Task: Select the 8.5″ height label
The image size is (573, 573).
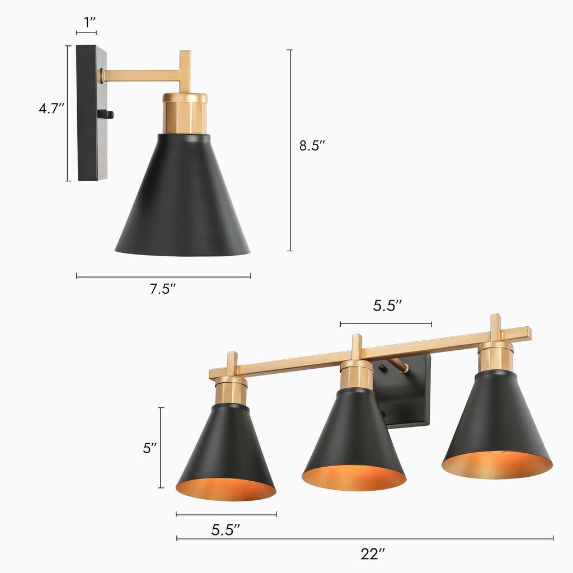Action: point(312,146)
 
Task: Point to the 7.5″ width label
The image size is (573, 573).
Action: point(163,289)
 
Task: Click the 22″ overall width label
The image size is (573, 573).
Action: point(373,554)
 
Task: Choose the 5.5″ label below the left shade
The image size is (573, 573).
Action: point(226,529)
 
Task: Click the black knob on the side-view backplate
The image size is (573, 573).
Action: point(105,115)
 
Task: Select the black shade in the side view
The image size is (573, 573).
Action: point(182,201)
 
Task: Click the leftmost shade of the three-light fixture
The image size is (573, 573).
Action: point(227,448)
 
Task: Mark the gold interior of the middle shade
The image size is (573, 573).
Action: point(354,480)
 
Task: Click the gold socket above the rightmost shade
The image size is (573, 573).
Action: point(495,356)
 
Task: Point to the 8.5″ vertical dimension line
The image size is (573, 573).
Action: point(289,151)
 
